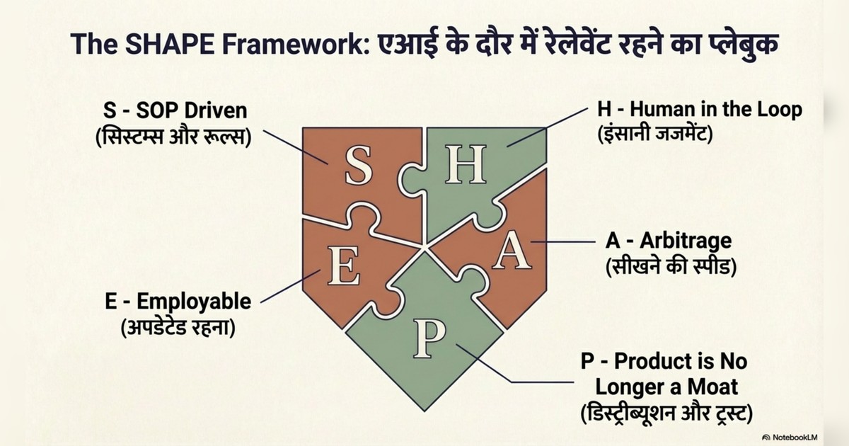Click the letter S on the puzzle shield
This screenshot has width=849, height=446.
359,166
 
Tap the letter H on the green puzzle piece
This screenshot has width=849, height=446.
466,164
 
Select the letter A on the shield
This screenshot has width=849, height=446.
512,251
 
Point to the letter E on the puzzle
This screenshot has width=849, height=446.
344,265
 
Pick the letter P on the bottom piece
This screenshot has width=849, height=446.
429,338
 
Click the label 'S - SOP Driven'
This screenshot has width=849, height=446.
175,110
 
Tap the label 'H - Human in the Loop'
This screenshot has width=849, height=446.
700,110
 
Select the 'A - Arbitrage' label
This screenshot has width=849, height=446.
669,241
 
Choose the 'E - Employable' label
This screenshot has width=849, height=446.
178,302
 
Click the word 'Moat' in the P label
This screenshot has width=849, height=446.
712,387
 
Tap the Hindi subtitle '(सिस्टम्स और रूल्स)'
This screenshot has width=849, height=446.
173,137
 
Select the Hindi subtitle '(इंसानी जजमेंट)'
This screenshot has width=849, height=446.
655,134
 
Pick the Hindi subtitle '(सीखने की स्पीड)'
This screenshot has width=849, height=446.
671,266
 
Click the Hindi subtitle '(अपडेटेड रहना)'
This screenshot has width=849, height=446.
178,326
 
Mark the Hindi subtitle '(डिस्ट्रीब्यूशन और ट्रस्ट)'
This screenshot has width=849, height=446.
666,413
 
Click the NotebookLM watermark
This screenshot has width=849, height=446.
790,438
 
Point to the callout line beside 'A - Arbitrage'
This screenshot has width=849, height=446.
563,241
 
